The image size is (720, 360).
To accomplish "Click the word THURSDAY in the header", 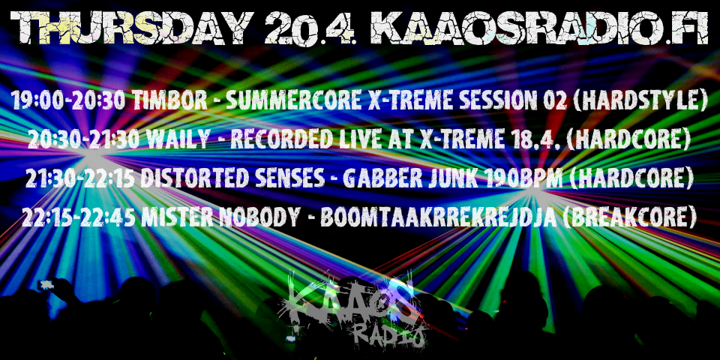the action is (x=132, y=28).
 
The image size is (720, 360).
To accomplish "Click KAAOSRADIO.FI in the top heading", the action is (x=539, y=28).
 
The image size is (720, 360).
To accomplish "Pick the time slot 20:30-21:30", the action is (x=84, y=139).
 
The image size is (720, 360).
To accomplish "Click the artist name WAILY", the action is (x=178, y=139).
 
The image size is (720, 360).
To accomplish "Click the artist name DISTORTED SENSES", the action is (x=232, y=178).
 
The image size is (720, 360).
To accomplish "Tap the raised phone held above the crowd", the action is (x=46, y=285).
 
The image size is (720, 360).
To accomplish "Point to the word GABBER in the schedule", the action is (x=382, y=178).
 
